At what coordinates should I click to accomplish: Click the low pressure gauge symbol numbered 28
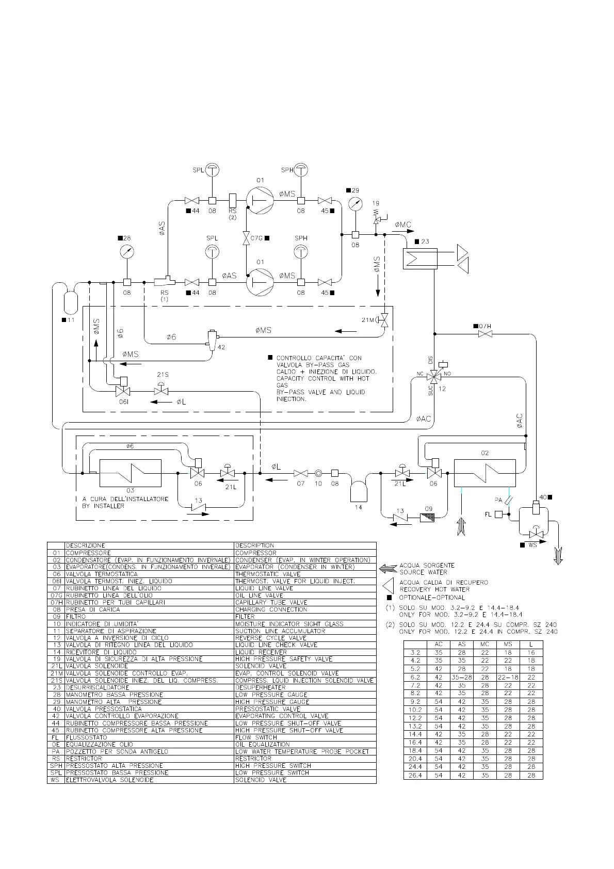click(127, 253)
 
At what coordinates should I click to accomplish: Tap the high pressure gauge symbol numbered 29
click(354, 203)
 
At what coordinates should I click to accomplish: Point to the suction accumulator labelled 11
click(70, 301)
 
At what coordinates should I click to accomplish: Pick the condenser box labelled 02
click(484, 473)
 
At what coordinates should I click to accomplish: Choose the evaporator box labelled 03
click(130, 473)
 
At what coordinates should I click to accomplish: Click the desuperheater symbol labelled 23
click(420, 258)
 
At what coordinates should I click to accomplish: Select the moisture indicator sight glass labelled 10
click(318, 473)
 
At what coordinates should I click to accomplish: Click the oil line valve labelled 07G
click(246, 238)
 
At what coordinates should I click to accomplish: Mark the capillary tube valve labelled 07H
click(485, 334)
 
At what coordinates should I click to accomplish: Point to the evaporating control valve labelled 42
click(212, 339)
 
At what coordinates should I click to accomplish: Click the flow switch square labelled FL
click(498, 514)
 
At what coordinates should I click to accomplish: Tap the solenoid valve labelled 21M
click(384, 320)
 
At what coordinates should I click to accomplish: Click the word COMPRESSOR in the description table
click(256, 553)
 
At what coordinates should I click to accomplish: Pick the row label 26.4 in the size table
click(415, 775)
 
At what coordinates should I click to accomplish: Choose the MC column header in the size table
click(484, 644)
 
